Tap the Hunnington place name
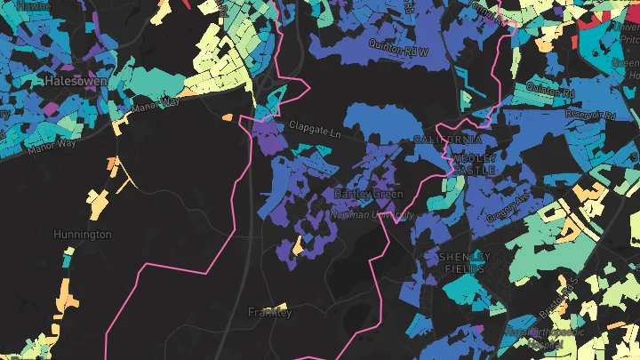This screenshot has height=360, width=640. [83, 235]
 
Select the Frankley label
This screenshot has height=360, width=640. [269, 312]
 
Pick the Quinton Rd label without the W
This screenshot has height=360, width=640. [550, 90]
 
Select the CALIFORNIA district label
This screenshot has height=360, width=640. [448, 140]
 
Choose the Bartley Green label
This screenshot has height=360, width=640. [368, 194]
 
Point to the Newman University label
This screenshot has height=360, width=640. [372, 214]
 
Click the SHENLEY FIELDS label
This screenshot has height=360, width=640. [464, 262]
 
